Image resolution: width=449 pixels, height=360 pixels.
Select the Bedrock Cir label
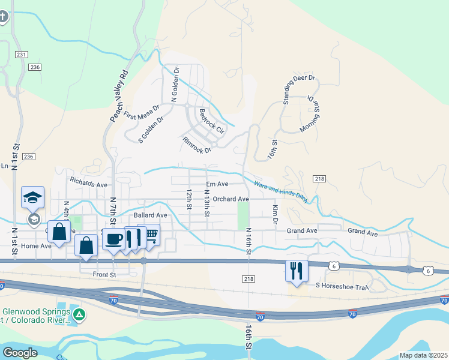click(211, 120)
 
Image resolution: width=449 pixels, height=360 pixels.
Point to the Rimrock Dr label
click(197, 145)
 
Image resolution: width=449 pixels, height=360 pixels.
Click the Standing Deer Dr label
click(298, 90)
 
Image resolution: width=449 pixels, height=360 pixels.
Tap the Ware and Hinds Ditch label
click(280, 192)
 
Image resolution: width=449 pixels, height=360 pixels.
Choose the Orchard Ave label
click(231, 199)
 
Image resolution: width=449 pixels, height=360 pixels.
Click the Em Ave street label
click(217, 184)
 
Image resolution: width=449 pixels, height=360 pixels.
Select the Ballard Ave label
click(150, 215)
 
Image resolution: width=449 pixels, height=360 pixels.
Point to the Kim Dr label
click(276, 214)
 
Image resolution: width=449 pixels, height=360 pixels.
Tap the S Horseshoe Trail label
click(342, 286)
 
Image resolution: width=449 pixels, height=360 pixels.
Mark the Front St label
click(103, 274)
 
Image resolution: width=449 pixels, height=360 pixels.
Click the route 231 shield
click(22, 55)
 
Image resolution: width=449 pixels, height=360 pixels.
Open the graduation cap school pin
click(33, 197)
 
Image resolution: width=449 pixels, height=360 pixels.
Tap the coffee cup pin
click(113, 239)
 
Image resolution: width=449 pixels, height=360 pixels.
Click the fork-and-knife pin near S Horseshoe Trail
click(295, 270)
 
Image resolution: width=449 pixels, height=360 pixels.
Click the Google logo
click(20, 353)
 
